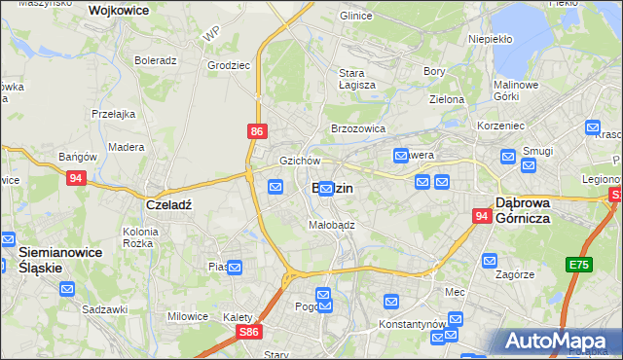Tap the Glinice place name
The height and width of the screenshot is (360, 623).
(356, 16)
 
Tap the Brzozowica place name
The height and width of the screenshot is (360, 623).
(358, 127)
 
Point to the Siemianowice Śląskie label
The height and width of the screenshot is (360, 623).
(55, 259)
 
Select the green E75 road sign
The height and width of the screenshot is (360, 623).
(582, 264)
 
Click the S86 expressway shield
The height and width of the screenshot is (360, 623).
(249, 332)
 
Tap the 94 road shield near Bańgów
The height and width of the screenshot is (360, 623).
(77, 178)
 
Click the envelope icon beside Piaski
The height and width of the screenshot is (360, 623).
(235, 267)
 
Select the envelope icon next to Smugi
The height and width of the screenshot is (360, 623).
(529, 164)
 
